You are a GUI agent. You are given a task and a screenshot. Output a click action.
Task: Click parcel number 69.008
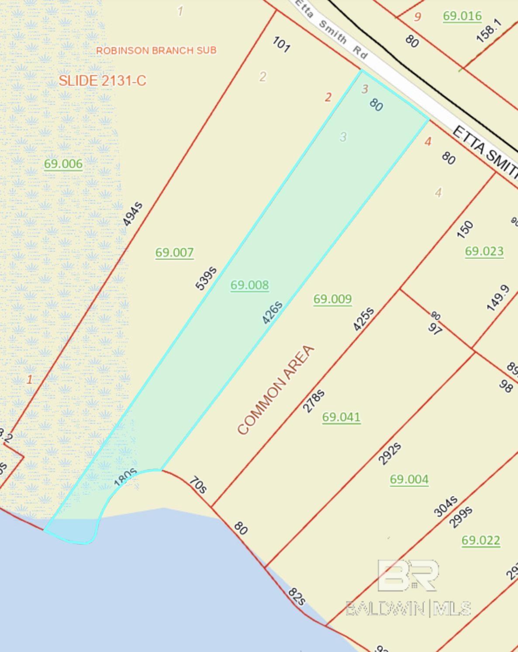[x=249, y=285]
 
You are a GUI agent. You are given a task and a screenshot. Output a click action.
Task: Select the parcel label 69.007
[x=174, y=252]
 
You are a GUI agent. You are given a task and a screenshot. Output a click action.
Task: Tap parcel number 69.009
[x=332, y=299]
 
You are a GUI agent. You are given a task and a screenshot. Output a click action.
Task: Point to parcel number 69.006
[x=63, y=164]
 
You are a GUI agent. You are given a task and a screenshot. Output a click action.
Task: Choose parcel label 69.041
[x=341, y=417]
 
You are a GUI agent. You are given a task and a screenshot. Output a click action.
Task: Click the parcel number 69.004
[x=409, y=479]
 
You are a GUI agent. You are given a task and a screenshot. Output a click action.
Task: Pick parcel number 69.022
[x=480, y=540]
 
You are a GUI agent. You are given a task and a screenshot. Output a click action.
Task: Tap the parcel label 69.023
[x=484, y=251]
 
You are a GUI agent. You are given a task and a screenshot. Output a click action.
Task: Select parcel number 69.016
[x=462, y=16]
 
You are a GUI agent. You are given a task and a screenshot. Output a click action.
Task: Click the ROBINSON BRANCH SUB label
[x=156, y=50]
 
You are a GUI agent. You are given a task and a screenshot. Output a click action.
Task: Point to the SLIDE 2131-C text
[x=102, y=80]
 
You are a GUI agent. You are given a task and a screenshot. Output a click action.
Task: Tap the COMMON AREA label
[x=276, y=390]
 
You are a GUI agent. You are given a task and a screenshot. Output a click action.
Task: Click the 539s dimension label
[x=206, y=278]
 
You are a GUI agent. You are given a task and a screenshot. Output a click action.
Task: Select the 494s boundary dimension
[x=132, y=214]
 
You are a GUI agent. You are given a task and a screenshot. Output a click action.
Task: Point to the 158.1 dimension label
[x=488, y=31]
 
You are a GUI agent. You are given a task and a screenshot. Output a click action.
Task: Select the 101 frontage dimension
[x=280, y=44]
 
